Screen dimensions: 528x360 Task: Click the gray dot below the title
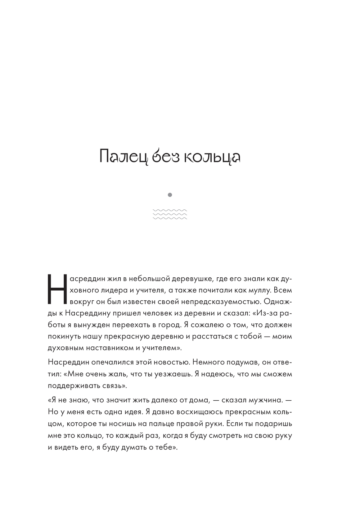click(170, 195)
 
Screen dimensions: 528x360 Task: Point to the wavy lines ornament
click(170, 214)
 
